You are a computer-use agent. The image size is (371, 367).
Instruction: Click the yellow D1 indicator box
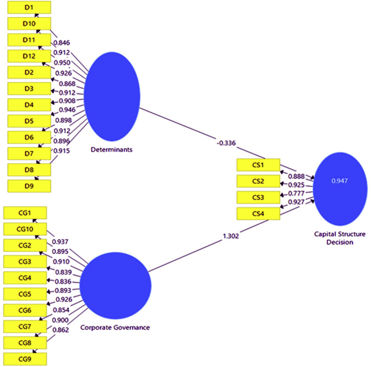tap(29, 8)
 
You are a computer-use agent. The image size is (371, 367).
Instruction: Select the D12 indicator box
tap(29, 57)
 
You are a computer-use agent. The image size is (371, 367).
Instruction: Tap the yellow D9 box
tap(29, 186)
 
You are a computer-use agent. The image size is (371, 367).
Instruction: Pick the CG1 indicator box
tap(25, 213)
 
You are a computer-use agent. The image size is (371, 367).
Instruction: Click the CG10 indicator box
tap(25, 230)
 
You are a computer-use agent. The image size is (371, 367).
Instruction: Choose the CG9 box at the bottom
tap(25, 359)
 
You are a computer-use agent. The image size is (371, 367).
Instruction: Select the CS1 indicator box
tap(258, 165)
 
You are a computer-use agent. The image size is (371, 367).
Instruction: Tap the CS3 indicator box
tap(258, 197)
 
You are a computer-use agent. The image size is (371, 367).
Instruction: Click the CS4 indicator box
tap(258, 213)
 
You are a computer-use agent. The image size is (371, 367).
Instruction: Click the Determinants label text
tap(111, 150)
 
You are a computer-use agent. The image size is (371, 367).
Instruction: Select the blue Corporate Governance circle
tap(115, 285)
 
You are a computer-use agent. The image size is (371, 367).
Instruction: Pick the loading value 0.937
tap(61, 241)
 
